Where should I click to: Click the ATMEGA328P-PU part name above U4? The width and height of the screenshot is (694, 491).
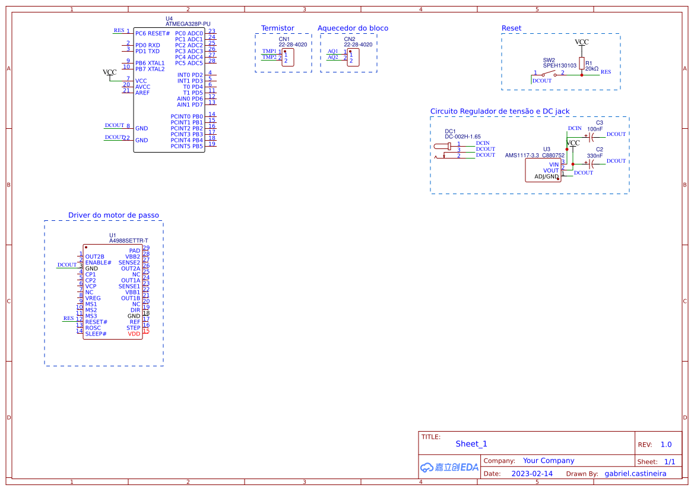[188, 24]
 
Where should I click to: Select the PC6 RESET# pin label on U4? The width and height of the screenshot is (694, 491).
[153, 33]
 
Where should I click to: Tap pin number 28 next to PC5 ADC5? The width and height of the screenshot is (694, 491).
[212, 61]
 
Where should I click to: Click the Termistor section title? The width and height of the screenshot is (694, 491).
[277, 28]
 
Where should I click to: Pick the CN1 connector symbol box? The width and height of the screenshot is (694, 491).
[288, 58]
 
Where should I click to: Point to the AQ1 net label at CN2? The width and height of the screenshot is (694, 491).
[333, 51]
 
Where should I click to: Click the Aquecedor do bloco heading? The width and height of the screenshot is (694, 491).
[353, 28]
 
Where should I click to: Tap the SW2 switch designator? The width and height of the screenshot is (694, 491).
[549, 60]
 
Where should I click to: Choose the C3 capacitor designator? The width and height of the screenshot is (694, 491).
[600, 122]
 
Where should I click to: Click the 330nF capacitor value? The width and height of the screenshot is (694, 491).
[595, 156]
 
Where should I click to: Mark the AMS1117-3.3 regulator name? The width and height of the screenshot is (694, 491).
[522, 156]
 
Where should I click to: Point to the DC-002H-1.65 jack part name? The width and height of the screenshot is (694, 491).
[462, 137]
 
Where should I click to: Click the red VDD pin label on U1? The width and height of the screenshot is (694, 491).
[134, 334]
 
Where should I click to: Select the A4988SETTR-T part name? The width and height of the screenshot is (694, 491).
[128, 240]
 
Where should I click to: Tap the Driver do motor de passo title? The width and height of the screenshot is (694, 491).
[113, 216]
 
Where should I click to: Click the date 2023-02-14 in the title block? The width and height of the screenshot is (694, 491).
[531, 474]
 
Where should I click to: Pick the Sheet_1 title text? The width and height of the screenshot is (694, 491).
[471, 444]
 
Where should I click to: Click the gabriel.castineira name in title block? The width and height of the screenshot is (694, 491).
[635, 474]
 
